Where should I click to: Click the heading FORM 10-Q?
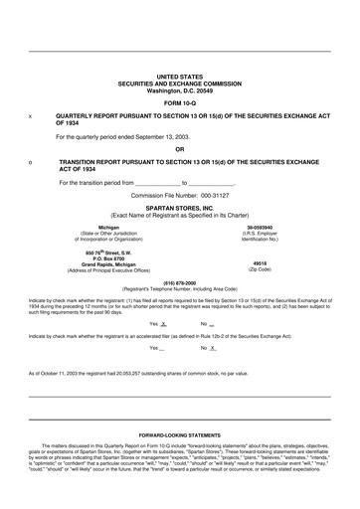179,103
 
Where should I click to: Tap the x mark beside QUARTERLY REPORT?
31,116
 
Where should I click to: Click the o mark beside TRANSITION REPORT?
31,160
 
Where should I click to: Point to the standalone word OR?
179,149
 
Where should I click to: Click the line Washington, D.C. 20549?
179,89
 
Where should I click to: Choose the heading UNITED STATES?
179,76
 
